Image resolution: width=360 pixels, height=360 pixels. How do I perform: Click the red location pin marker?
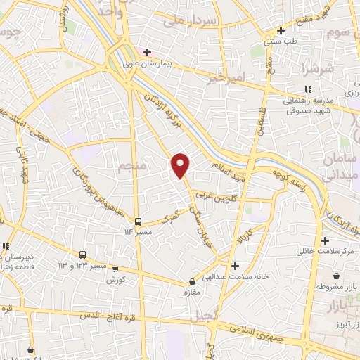coord(181,165)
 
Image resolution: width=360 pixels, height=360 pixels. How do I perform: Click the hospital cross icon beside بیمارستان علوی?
coord(147,52)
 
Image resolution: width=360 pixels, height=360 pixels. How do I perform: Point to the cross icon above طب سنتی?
coord(281,31)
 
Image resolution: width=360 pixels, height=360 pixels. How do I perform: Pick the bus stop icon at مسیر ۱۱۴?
coord(138,220)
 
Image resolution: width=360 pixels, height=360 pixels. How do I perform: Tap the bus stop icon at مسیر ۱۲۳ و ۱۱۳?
coord(83,255)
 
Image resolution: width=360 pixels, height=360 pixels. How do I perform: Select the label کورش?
coord(115,280)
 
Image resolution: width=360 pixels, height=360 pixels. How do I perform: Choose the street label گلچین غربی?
coord(225,199)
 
